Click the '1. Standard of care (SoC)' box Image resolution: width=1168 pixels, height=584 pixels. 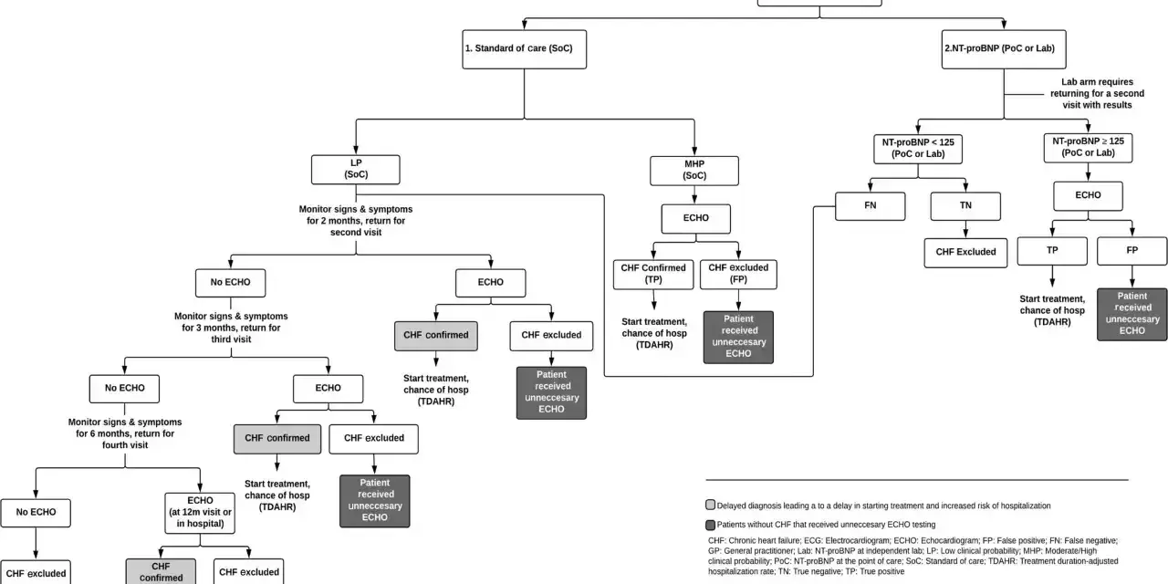[x=524, y=49]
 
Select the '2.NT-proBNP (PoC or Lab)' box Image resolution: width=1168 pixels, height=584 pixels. [x=1004, y=49]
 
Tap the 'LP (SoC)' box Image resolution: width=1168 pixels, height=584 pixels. [x=356, y=170]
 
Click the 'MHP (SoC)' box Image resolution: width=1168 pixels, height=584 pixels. [x=694, y=171]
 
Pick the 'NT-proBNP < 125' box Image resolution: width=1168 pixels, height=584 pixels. [x=918, y=149]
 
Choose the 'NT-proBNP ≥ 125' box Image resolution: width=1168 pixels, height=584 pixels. [x=1088, y=148]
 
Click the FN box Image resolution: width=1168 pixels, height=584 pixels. [x=870, y=206]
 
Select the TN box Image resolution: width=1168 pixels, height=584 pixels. [x=965, y=206]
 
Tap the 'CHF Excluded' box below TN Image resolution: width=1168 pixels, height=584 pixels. [x=965, y=253]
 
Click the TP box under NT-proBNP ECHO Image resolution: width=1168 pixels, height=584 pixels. [x=1052, y=251]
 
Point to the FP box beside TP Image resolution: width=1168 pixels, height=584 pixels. [x=1132, y=251]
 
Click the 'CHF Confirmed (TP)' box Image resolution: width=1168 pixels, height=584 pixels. [x=653, y=275]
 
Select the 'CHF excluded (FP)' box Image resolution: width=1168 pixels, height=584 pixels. [x=738, y=275]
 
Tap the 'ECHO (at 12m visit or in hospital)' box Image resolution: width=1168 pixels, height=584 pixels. [x=200, y=513]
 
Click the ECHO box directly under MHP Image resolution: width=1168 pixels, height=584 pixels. [x=695, y=218]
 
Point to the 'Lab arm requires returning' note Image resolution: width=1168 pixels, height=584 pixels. [x=1097, y=94]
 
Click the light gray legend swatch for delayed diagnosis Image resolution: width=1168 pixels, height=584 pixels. [x=710, y=505]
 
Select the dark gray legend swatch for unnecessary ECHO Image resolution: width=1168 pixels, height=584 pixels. [x=710, y=525]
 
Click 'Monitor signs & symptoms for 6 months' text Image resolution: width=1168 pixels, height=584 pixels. [x=125, y=433]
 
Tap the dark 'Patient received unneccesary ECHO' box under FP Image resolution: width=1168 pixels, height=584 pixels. [x=1132, y=315]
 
